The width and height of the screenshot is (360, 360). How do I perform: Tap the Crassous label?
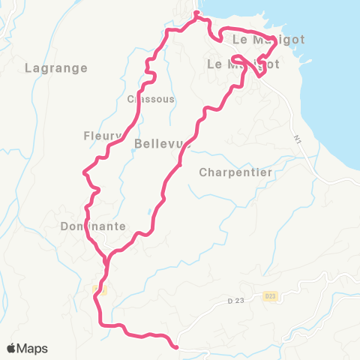tap(151, 99)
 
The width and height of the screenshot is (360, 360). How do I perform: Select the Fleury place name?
tap(103, 136)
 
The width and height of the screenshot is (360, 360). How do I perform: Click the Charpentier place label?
tap(235, 172)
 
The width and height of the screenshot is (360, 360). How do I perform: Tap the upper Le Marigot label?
tap(259, 39)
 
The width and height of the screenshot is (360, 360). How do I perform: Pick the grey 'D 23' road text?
tap(237, 301)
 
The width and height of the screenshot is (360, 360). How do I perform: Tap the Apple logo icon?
tap(12, 348)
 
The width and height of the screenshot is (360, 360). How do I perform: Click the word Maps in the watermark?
tap(33, 348)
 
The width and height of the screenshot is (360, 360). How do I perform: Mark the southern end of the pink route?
tap(175, 346)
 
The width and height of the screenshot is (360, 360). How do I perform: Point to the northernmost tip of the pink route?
tap(196, 13)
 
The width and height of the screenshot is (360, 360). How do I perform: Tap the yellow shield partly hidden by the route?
tap(100, 289)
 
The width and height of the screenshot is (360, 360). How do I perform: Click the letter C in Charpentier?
tap(203, 172)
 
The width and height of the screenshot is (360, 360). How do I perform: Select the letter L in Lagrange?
tap(28, 67)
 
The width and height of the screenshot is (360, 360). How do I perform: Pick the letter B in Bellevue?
tap(139, 142)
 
